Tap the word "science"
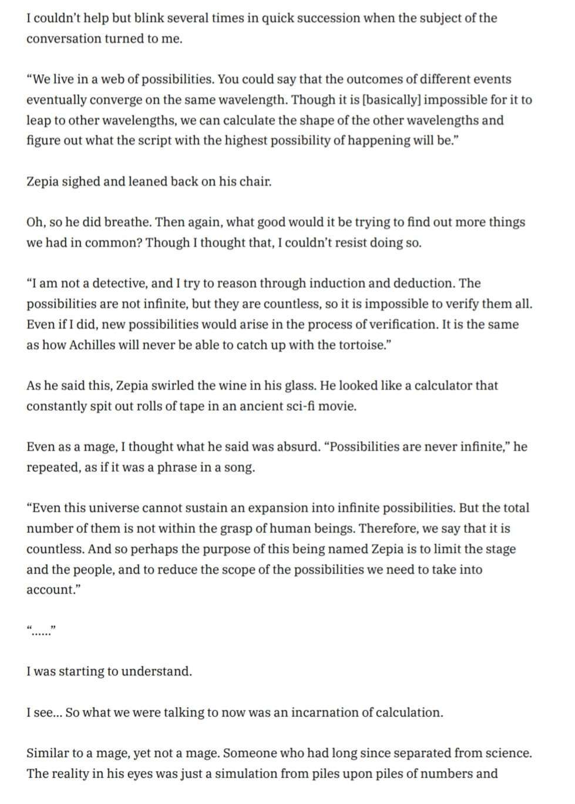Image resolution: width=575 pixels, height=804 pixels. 507,753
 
